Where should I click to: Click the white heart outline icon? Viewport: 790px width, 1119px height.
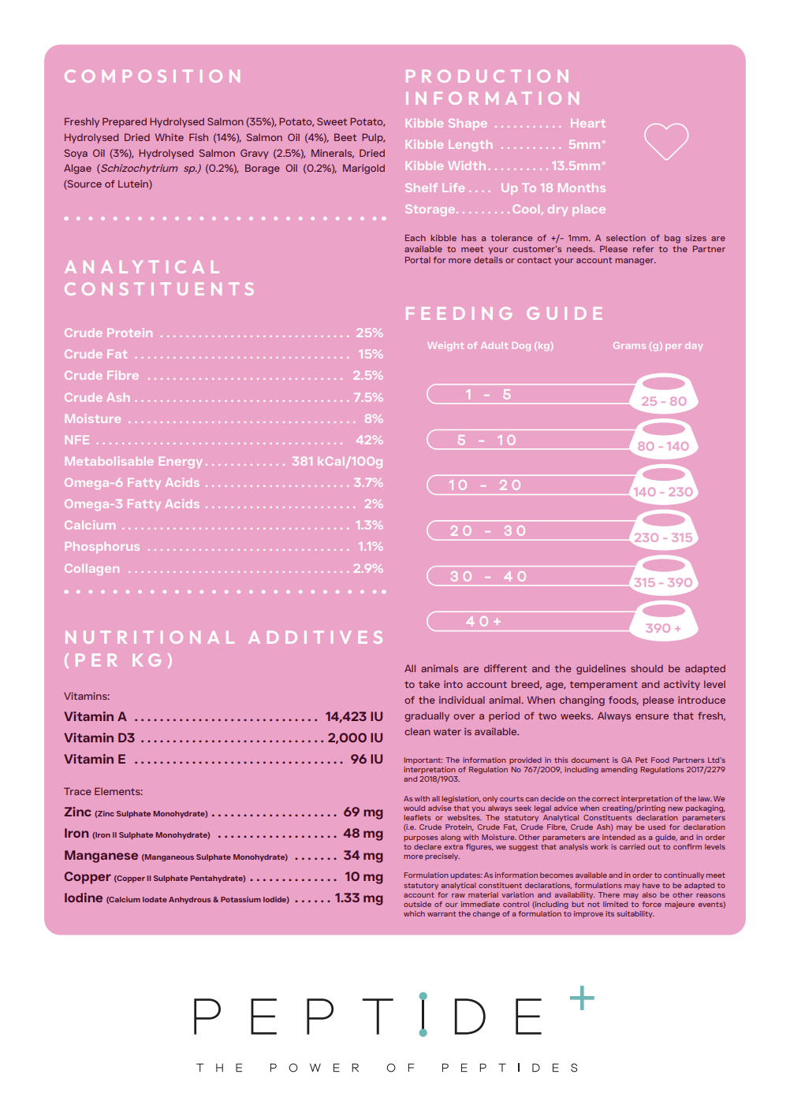(666, 141)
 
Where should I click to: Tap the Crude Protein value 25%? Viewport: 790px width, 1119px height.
(369, 333)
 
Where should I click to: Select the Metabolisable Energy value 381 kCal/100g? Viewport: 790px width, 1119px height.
(337, 462)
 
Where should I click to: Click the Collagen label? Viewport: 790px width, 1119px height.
(92, 569)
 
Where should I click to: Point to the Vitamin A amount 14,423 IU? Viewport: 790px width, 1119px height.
(354, 717)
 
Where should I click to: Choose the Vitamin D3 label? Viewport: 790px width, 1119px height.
(99, 738)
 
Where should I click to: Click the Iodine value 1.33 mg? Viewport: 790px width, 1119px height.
(359, 898)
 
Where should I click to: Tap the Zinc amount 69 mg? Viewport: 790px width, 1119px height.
(363, 812)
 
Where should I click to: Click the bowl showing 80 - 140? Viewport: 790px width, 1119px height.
(664, 440)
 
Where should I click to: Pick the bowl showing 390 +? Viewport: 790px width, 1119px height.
(664, 622)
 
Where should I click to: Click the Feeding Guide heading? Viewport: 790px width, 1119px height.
(505, 314)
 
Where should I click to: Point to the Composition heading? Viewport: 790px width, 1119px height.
(154, 76)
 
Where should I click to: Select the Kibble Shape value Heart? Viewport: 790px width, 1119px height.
(587, 124)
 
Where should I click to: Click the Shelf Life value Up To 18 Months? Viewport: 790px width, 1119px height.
(553, 188)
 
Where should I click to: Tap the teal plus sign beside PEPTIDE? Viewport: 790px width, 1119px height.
(582, 998)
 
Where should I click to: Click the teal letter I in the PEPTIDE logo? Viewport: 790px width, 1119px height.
(423, 1015)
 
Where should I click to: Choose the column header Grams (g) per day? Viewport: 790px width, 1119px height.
(658, 346)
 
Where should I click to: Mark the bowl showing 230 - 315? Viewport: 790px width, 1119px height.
(664, 531)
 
